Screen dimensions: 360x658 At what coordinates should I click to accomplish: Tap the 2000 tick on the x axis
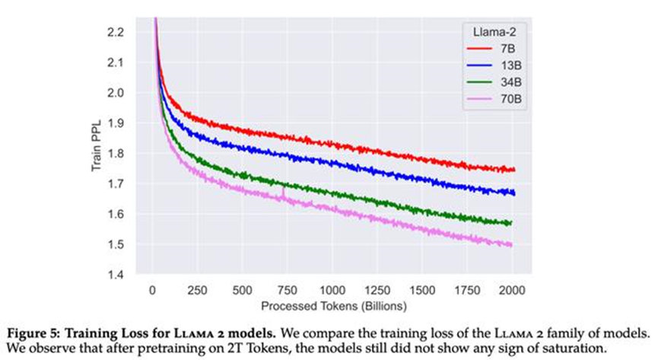[x=513, y=292]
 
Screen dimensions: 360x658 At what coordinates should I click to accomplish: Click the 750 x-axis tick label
[x=288, y=292]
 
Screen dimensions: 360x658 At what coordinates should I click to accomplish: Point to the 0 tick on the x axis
[x=153, y=292]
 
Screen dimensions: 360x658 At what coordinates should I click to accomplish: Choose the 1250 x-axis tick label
[x=377, y=292]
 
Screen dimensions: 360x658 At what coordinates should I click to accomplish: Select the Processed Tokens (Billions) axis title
[x=332, y=306]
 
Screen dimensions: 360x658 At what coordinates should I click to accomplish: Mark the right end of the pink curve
[x=512, y=244]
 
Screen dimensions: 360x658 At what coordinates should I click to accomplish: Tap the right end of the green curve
[x=512, y=222]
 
